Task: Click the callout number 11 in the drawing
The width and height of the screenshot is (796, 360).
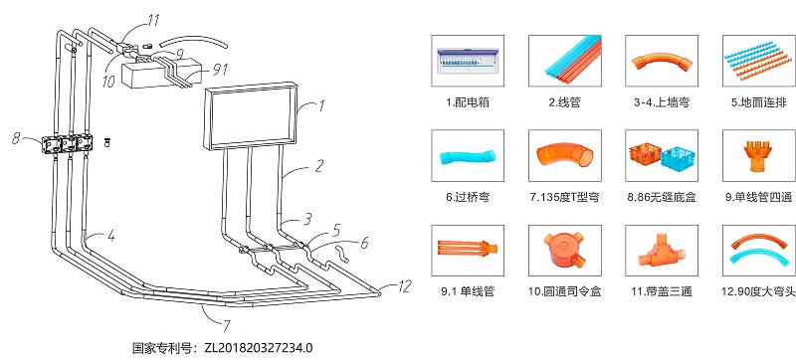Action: click(152, 19)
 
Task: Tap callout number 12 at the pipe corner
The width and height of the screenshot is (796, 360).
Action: click(402, 286)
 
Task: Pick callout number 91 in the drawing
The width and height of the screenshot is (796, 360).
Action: click(219, 69)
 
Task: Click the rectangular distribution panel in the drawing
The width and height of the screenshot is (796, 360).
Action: click(252, 116)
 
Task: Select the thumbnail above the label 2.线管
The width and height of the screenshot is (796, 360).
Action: click(565, 60)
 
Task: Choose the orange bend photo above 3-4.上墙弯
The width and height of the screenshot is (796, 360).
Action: click(661, 60)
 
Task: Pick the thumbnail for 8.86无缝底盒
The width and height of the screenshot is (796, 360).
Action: click(661, 157)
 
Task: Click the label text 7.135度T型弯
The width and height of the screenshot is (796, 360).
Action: click(564, 198)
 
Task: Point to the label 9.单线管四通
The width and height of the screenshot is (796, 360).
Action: click(757, 198)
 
